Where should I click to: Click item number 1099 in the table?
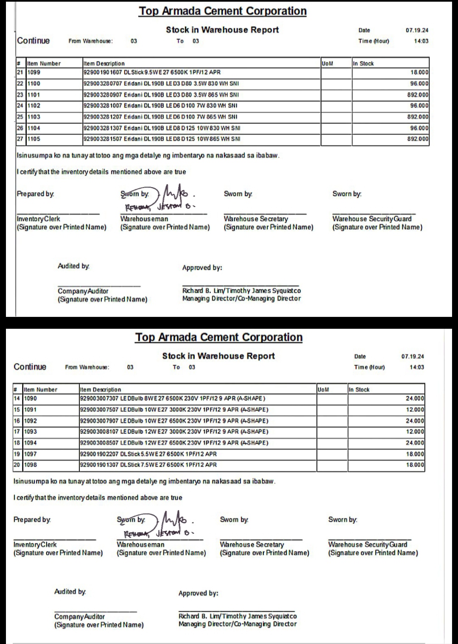click(34, 73)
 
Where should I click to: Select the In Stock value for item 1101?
click(418, 95)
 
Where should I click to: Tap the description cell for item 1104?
click(162, 128)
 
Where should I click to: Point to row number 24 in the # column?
click(20, 106)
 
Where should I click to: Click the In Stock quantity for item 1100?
click(419, 84)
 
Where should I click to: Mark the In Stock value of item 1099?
click(419, 73)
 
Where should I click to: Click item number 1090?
click(30, 399)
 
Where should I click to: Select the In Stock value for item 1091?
click(415, 410)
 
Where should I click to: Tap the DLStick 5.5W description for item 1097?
click(148, 454)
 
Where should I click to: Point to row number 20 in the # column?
click(17, 465)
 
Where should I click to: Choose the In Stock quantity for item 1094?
click(415, 443)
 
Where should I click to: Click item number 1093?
click(30, 432)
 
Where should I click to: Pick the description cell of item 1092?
click(174, 421)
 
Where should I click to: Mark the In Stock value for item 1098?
click(415, 465)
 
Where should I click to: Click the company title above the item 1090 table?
click(219, 338)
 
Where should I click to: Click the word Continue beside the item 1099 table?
click(34, 41)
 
